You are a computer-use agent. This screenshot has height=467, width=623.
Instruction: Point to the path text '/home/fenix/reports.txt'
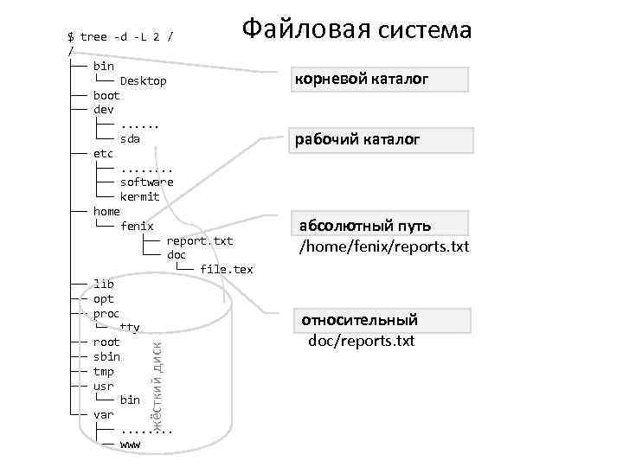(383, 247)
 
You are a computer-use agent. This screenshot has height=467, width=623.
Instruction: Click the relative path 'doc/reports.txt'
(362, 342)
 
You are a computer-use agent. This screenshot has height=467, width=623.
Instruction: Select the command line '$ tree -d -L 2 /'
(125, 36)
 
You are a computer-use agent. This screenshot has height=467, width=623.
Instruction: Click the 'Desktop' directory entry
(143, 80)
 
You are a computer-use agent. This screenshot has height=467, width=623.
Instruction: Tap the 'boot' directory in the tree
(106, 95)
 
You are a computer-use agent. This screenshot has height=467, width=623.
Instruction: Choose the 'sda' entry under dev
(130, 138)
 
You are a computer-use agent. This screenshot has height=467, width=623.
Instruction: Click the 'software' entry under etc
(146, 182)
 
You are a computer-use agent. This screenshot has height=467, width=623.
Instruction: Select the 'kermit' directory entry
(139, 196)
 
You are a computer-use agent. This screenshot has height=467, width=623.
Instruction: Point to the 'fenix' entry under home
(137, 226)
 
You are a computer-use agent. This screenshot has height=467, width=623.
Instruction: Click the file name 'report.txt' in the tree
(199, 240)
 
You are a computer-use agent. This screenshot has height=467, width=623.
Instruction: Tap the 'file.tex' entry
(226, 269)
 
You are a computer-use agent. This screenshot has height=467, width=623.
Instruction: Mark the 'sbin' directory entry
(106, 356)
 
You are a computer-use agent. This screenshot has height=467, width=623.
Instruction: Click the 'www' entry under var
(130, 444)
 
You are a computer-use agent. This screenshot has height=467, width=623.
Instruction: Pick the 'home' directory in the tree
(106, 211)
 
